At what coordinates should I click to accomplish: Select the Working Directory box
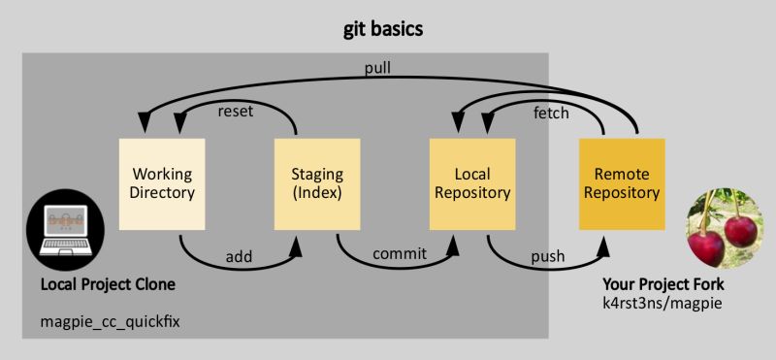click(162, 184)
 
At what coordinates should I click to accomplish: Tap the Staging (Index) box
click(317, 184)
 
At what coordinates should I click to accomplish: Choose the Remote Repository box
click(622, 184)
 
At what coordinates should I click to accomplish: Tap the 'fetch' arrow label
click(551, 113)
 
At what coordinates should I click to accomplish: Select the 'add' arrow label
click(239, 257)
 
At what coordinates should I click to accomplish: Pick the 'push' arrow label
click(548, 257)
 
